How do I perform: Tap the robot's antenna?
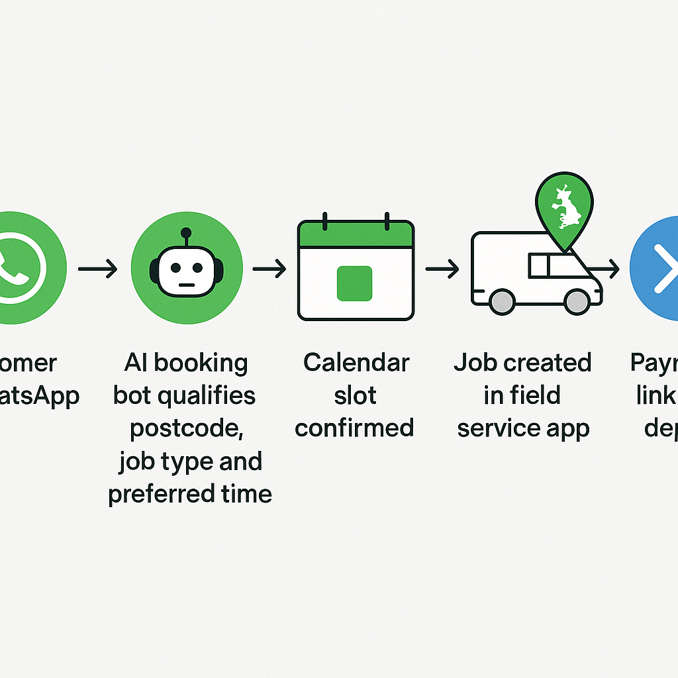pyautogui.click(x=186, y=232)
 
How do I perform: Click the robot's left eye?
pyautogui.click(x=175, y=268)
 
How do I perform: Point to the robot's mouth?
pyautogui.click(x=186, y=285)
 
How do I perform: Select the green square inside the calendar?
pyautogui.click(x=356, y=283)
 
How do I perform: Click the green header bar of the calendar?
pyautogui.click(x=356, y=234)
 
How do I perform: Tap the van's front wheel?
pyautogui.click(x=577, y=302)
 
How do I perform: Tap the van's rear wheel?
pyautogui.click(x=502, y=302)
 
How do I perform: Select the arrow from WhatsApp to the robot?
pyautogui.click(x=97, y=269)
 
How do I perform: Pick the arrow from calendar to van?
pyautogui.click(x=442, y=269)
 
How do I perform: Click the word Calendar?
pyautogui.click(x=356, y=363)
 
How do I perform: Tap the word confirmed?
pyautogui.click(x=354, y=428)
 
